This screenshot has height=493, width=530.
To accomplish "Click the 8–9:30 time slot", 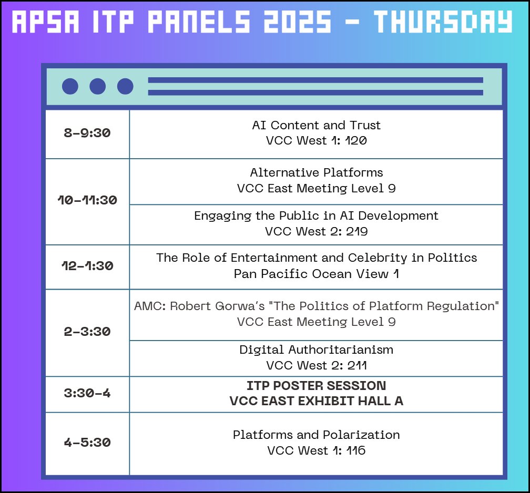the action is coord(87,133).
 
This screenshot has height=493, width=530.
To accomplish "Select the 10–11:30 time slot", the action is coord(87,200).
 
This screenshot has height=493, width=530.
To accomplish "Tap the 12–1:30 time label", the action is coord(87,265).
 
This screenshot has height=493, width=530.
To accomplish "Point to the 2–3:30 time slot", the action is coord(87,332).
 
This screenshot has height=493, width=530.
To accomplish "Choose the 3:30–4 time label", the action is coord(87,393).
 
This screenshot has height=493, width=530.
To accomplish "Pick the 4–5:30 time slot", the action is coord(87,443).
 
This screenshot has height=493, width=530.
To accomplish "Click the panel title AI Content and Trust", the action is coord(317,125).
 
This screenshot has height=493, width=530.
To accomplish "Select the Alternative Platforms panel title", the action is coord(317,172).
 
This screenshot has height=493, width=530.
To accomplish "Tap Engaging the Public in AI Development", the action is coord(317,216).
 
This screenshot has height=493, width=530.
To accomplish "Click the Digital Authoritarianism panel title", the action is coord(317,350).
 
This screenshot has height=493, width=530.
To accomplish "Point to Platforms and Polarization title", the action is coord(317,435).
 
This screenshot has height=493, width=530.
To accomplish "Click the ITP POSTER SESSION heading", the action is coord(317,386).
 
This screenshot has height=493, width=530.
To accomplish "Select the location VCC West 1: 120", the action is coord(317,140).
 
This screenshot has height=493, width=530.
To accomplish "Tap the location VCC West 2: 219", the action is coord(317,231).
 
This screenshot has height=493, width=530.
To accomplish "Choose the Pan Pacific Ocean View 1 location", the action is coord(317,274).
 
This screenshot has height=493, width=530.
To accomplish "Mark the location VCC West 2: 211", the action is coord(317,365).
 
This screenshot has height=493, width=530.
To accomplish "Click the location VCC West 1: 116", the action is coord(317,450).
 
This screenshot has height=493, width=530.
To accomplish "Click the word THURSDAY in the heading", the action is coord(443,22).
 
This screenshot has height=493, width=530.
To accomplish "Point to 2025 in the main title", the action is coord(298,22).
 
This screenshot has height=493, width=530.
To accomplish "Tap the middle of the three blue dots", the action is coord(98,86).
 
